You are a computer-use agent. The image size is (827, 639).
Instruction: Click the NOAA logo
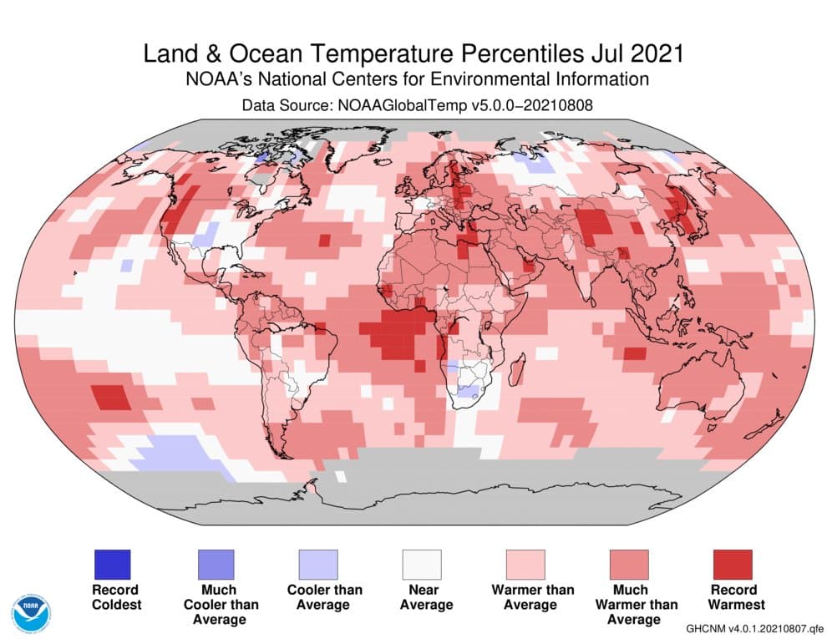[31, 611]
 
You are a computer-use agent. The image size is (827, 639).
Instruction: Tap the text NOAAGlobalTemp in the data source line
[394, 105]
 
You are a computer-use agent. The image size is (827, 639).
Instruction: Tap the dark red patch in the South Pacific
[109, 397]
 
